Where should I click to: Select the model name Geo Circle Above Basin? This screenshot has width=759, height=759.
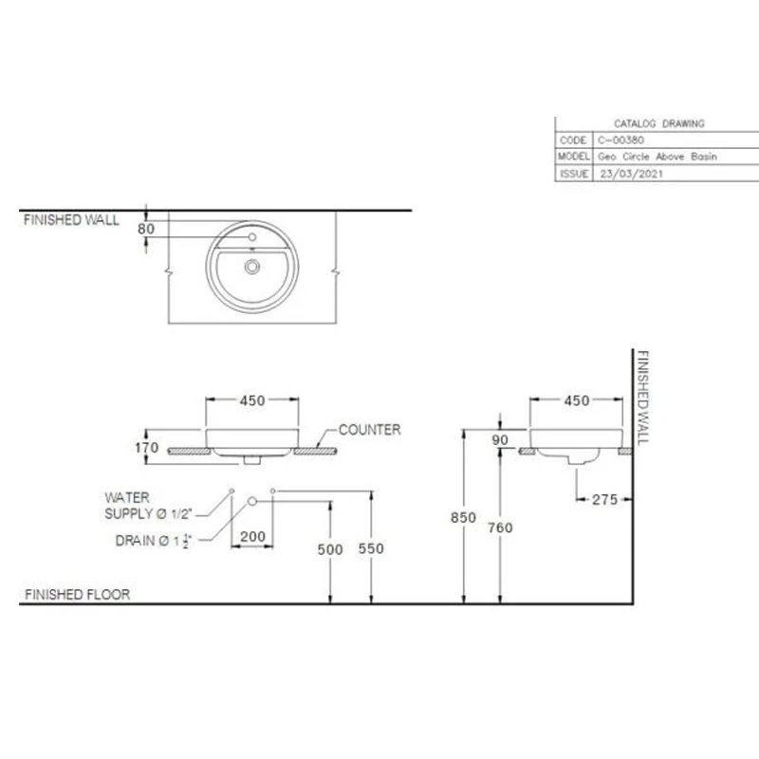(658, 157)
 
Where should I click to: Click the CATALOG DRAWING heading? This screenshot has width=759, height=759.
(659, 123)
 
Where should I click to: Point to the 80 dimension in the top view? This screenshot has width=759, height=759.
(145, 230)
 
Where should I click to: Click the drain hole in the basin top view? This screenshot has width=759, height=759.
(252, 268)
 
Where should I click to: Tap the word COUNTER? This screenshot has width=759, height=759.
(369, 430)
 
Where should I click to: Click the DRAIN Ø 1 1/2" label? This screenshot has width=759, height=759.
(152, 542)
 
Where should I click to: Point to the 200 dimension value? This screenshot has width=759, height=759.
(252, 537)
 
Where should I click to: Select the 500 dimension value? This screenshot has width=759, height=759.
(330, 550)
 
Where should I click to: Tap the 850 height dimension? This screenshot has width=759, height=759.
(462, 518)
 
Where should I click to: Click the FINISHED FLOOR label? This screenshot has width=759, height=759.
(77, 596)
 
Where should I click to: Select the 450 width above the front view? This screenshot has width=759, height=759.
(251, 401)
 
